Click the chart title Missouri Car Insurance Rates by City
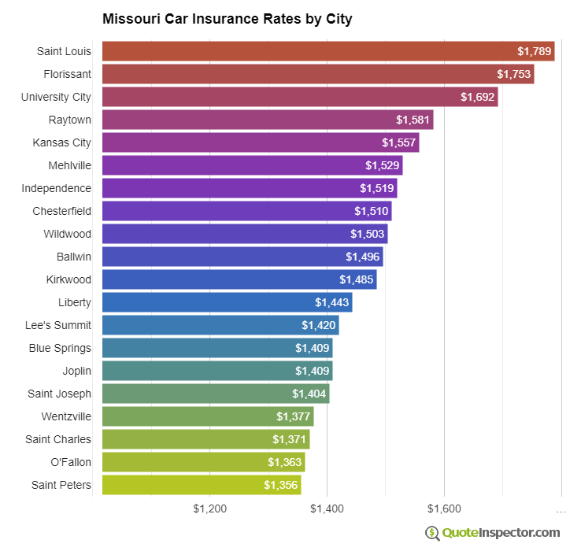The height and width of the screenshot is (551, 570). (227, 19)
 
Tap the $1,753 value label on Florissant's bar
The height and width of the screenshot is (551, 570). (514, 74)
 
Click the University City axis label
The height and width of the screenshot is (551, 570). (56, 97)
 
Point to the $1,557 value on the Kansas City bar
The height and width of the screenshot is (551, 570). (399, 142)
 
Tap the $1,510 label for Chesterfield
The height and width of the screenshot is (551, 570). (372, 211)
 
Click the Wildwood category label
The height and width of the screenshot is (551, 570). (67, 234)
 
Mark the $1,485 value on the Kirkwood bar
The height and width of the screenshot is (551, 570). (357, 279)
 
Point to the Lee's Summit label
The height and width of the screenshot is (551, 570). (58, 325)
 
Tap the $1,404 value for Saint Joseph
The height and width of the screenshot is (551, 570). (309, 394)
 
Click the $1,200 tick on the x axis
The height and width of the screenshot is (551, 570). (210, 508)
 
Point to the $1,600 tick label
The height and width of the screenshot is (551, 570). (445, 508)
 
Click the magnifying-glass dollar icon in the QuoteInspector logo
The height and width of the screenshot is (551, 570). (433, 533)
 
